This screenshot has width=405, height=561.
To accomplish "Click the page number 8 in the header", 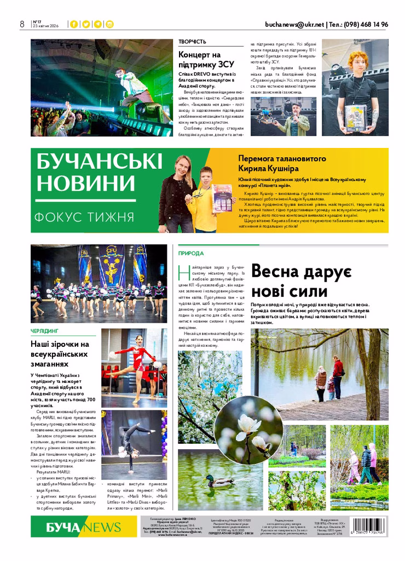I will [22, 24].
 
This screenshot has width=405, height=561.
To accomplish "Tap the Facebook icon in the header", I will [73, 24].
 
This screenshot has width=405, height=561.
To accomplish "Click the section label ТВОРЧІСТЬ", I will [192, 42].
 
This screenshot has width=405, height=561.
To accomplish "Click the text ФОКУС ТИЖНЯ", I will [84, 216].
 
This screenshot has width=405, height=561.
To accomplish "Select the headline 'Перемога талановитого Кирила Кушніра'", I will [290, 163].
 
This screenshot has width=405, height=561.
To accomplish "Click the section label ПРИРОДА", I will [191, 253].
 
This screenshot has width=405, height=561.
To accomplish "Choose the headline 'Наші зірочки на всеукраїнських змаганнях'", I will [60, 353].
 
